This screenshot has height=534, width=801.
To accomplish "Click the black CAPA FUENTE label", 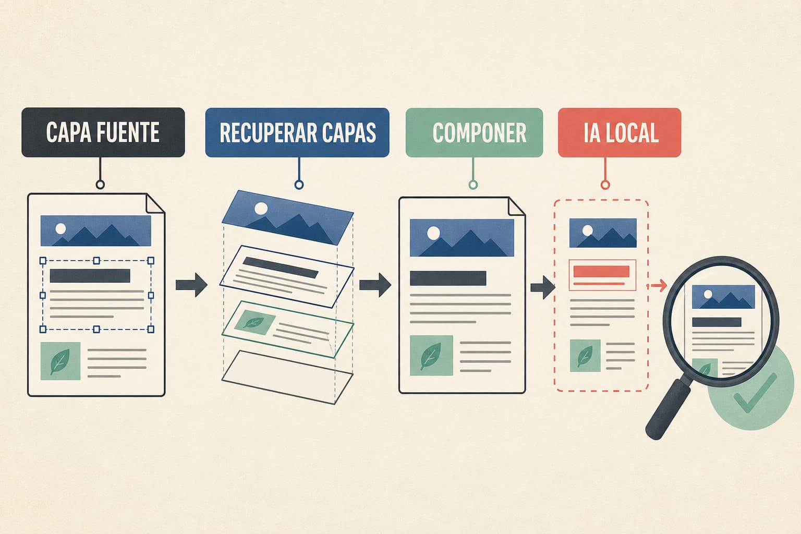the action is (103, 132).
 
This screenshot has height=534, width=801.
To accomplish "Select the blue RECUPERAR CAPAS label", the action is (297, 132).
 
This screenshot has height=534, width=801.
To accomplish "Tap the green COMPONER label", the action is (474, 132).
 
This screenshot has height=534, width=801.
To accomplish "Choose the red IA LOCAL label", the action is (620, 132).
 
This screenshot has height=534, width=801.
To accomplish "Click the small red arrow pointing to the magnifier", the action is (657, 285).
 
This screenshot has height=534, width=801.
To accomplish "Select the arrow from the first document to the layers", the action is (191, 285).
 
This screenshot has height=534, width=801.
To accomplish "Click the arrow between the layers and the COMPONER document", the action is (375, 285).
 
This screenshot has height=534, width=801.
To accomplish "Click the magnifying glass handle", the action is (669, 408).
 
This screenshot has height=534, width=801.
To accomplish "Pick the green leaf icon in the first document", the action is (60, 361).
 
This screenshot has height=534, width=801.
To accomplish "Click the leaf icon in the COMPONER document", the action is (431, 356).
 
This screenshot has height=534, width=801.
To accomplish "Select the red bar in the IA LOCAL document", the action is (601, 272).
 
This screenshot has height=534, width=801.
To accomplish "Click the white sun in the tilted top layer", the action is (261, 208).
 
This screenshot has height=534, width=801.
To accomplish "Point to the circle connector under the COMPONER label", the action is (473, 185).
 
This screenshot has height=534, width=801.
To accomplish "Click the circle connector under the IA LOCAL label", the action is (605, 185).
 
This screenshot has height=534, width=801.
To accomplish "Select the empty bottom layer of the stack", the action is (287, 378).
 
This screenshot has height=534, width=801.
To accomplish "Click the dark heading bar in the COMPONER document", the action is (448, 278).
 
